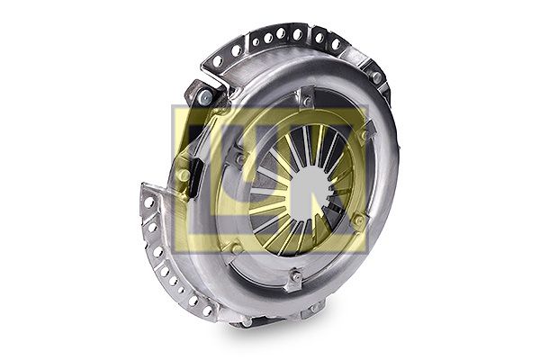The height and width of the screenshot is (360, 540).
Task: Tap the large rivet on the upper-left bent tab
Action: point(205,97)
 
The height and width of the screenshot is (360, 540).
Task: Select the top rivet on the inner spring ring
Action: point(306,102)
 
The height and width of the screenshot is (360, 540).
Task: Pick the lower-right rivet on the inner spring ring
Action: point(359,219)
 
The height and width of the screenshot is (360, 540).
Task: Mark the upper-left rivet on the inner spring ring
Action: point(240,158)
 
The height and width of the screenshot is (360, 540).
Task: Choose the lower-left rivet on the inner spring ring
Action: point(236,247)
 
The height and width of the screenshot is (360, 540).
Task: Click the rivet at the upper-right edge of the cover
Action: point(377,78)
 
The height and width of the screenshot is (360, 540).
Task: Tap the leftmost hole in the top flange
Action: point(218,61)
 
